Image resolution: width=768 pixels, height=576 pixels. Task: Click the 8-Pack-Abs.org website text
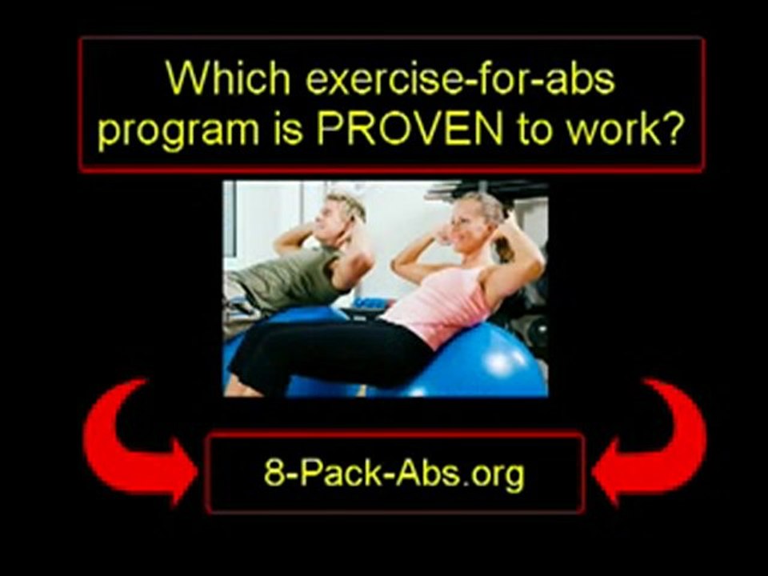pos(394,473)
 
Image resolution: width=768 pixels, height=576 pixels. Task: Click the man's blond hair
pos(347,203)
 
